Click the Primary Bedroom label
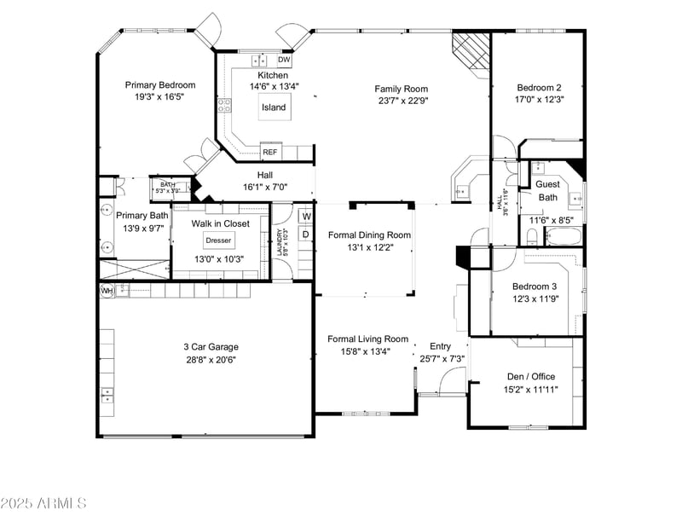coord(160,84)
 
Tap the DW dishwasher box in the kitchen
coord(285,61)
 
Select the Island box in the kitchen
coord(274,107)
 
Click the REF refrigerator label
coord(270,153)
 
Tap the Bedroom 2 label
coord(540,88)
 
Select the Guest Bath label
coord(547,190)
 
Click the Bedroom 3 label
coord(535,287)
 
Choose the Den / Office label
coord(531,377)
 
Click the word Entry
coord(440,346)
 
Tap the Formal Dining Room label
coord(369,235)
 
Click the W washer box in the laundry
coord(305,216)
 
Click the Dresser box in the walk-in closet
coord(218,240)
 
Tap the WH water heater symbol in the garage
coord(107,291)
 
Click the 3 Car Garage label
coord(211,347)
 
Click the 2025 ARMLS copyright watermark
coord(43,503)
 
